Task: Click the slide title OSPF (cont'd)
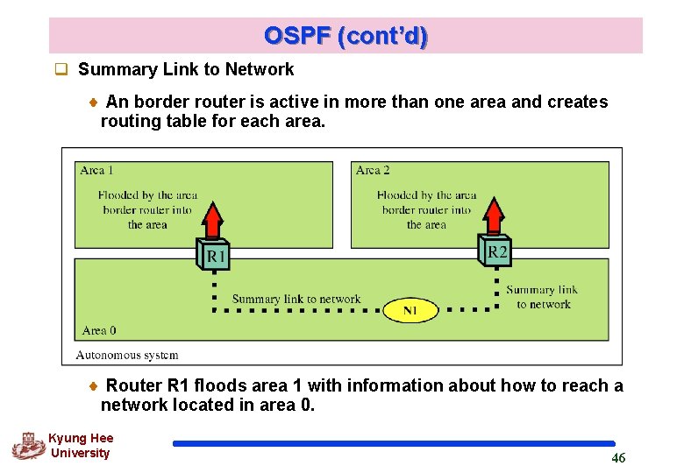pos(346,36)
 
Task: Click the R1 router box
pos(215,256)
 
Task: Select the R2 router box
pos(495,251)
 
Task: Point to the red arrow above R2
pos(495,216)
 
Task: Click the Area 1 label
pos(96,170)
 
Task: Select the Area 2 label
pos(373,170)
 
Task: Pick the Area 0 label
pos(98,330)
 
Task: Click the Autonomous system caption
pos(127,355)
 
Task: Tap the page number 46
pos(618,458)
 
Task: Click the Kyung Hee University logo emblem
pos(28,445)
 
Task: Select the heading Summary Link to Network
pos(186,69)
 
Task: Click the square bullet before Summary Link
pos(61,70)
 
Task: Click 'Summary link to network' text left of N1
pos(296,299)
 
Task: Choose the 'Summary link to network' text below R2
pos(542,297)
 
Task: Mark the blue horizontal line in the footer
pos(394,444)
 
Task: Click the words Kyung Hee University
pos(80,446)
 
